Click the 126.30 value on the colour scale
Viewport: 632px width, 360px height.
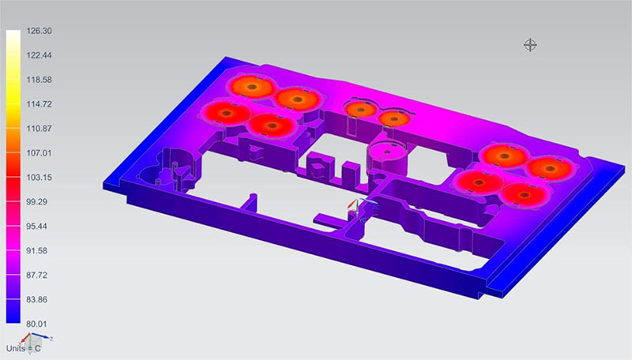click(39, 31)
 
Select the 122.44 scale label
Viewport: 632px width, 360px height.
click(39, 55)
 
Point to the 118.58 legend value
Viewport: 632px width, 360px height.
click(39, 80)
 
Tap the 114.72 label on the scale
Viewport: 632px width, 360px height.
click(39, 104)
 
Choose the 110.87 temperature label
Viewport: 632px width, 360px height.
click(39, 129)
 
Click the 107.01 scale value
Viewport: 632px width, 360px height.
click(39, 153)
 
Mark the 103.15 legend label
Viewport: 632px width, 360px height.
click(39, 178)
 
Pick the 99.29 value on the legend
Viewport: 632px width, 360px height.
click(37, 202)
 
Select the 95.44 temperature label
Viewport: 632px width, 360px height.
click(37, 227)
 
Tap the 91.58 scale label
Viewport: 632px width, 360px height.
click(37, 251)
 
